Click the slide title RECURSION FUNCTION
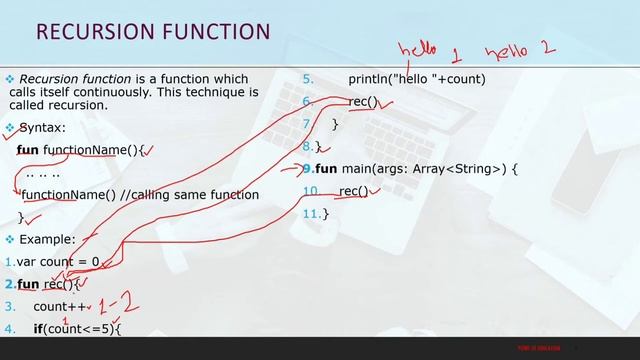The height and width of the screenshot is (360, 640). pyautogui.click(x=153, y=32)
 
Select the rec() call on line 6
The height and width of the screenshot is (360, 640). pyautogui.click(x=363, y=101)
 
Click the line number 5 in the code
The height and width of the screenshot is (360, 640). pyautogui.click(x=308, y=78)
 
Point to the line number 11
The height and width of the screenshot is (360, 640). pyautogui.click(x=311, y=213)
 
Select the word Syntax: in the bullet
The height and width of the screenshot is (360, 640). pyautogui.click(x=43, y=128)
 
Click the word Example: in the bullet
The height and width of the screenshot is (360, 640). pyautogui.click(x=47, y=240)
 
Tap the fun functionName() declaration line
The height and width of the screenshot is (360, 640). pyautogui.click(x=82, y=150)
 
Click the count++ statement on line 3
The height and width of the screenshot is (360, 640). pyautogui.click(x=56, y=306)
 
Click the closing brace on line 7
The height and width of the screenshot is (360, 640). pyautogui.click(x=335, y=124)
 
